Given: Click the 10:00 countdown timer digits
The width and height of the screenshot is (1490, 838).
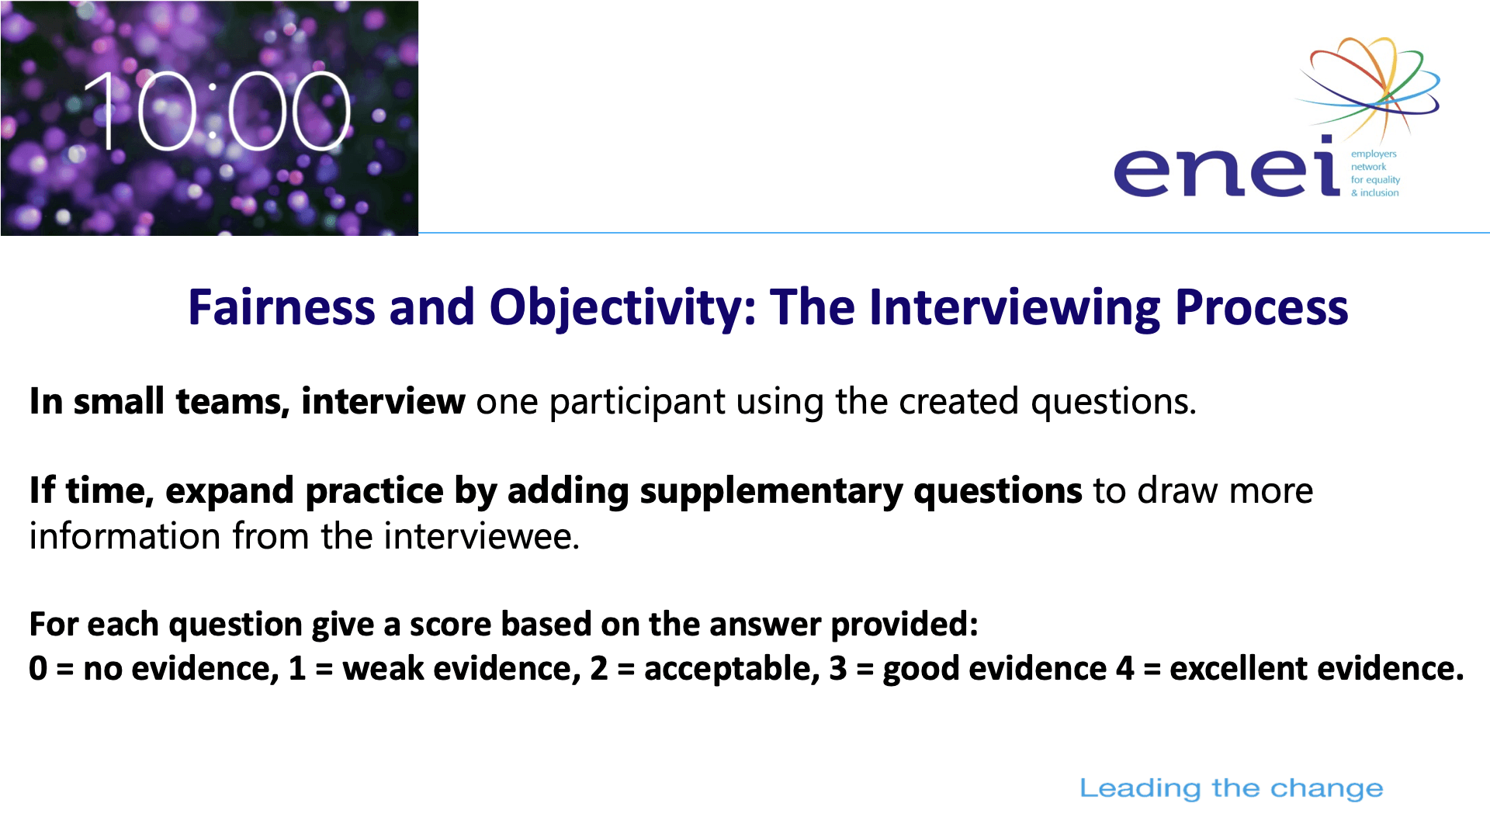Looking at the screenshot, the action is pos(217,112).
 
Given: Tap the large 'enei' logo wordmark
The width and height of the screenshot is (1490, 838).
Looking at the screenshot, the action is pos(1227,166).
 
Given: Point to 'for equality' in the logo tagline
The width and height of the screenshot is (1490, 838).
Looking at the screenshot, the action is pos(1375,179).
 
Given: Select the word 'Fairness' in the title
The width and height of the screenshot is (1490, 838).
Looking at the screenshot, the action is pos(282,307).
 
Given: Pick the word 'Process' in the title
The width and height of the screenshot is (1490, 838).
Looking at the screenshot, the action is pos(1262,308).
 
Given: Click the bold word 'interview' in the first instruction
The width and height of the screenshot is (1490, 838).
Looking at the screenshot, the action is pos(383,401).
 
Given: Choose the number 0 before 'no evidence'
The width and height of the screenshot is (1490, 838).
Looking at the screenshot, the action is pos(38,669).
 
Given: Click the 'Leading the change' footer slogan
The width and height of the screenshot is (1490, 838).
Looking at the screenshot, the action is pos(1232,788).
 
